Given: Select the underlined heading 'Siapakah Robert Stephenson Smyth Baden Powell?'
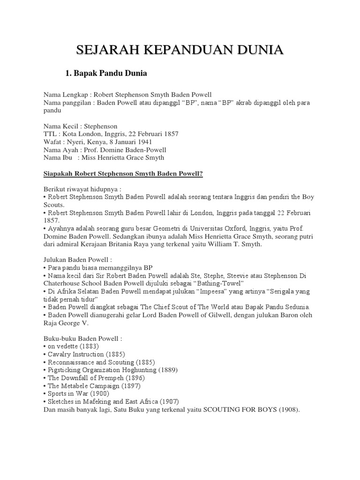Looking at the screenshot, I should (123, 173).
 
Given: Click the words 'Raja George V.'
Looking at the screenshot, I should (65, 323).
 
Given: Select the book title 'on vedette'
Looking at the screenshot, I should (65, 346).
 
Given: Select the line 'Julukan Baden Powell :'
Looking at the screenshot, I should (78, 259).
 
